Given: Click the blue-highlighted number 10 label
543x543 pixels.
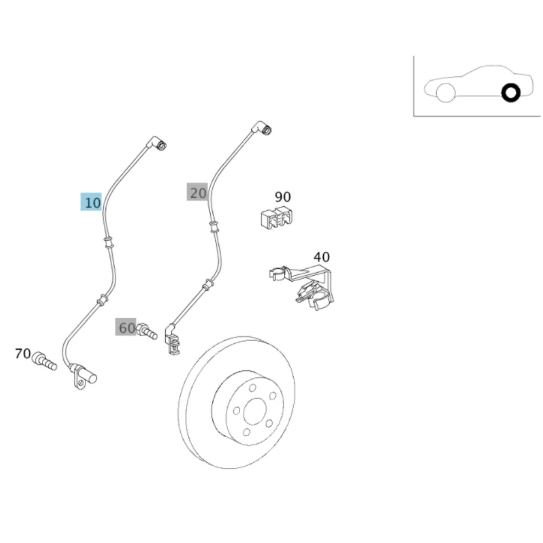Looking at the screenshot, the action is click(x=91, y=202).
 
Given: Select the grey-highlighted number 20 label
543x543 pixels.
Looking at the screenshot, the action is click(x=198, y=192).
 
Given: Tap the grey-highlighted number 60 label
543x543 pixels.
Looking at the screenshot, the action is click(x=126, y=327).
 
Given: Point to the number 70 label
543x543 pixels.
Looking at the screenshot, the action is click(x=23, y=353).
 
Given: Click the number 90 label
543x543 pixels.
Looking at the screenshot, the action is click(x=282, y=197).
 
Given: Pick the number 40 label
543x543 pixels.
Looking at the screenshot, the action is click(x=321, y=257).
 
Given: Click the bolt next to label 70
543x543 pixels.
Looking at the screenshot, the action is click(x=44, y=361).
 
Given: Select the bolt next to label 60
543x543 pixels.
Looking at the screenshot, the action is click(x=147, y=331).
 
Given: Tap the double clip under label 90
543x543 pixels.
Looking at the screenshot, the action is click(x=276, y=218).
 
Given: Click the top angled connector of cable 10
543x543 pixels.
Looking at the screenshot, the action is click(x=156, y=143).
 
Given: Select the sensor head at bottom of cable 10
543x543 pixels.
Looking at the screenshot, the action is click(x=83, y=376).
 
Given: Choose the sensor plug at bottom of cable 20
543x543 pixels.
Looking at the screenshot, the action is click(x=173, y=340).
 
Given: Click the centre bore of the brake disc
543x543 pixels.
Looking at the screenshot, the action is click(x=255, y=411).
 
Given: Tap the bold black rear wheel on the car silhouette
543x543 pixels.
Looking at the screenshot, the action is click(x=511, y=93).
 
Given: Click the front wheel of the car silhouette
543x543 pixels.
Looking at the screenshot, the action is click(x=446, y=93).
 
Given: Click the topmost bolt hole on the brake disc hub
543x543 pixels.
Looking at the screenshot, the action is click(x=252, y=388).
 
